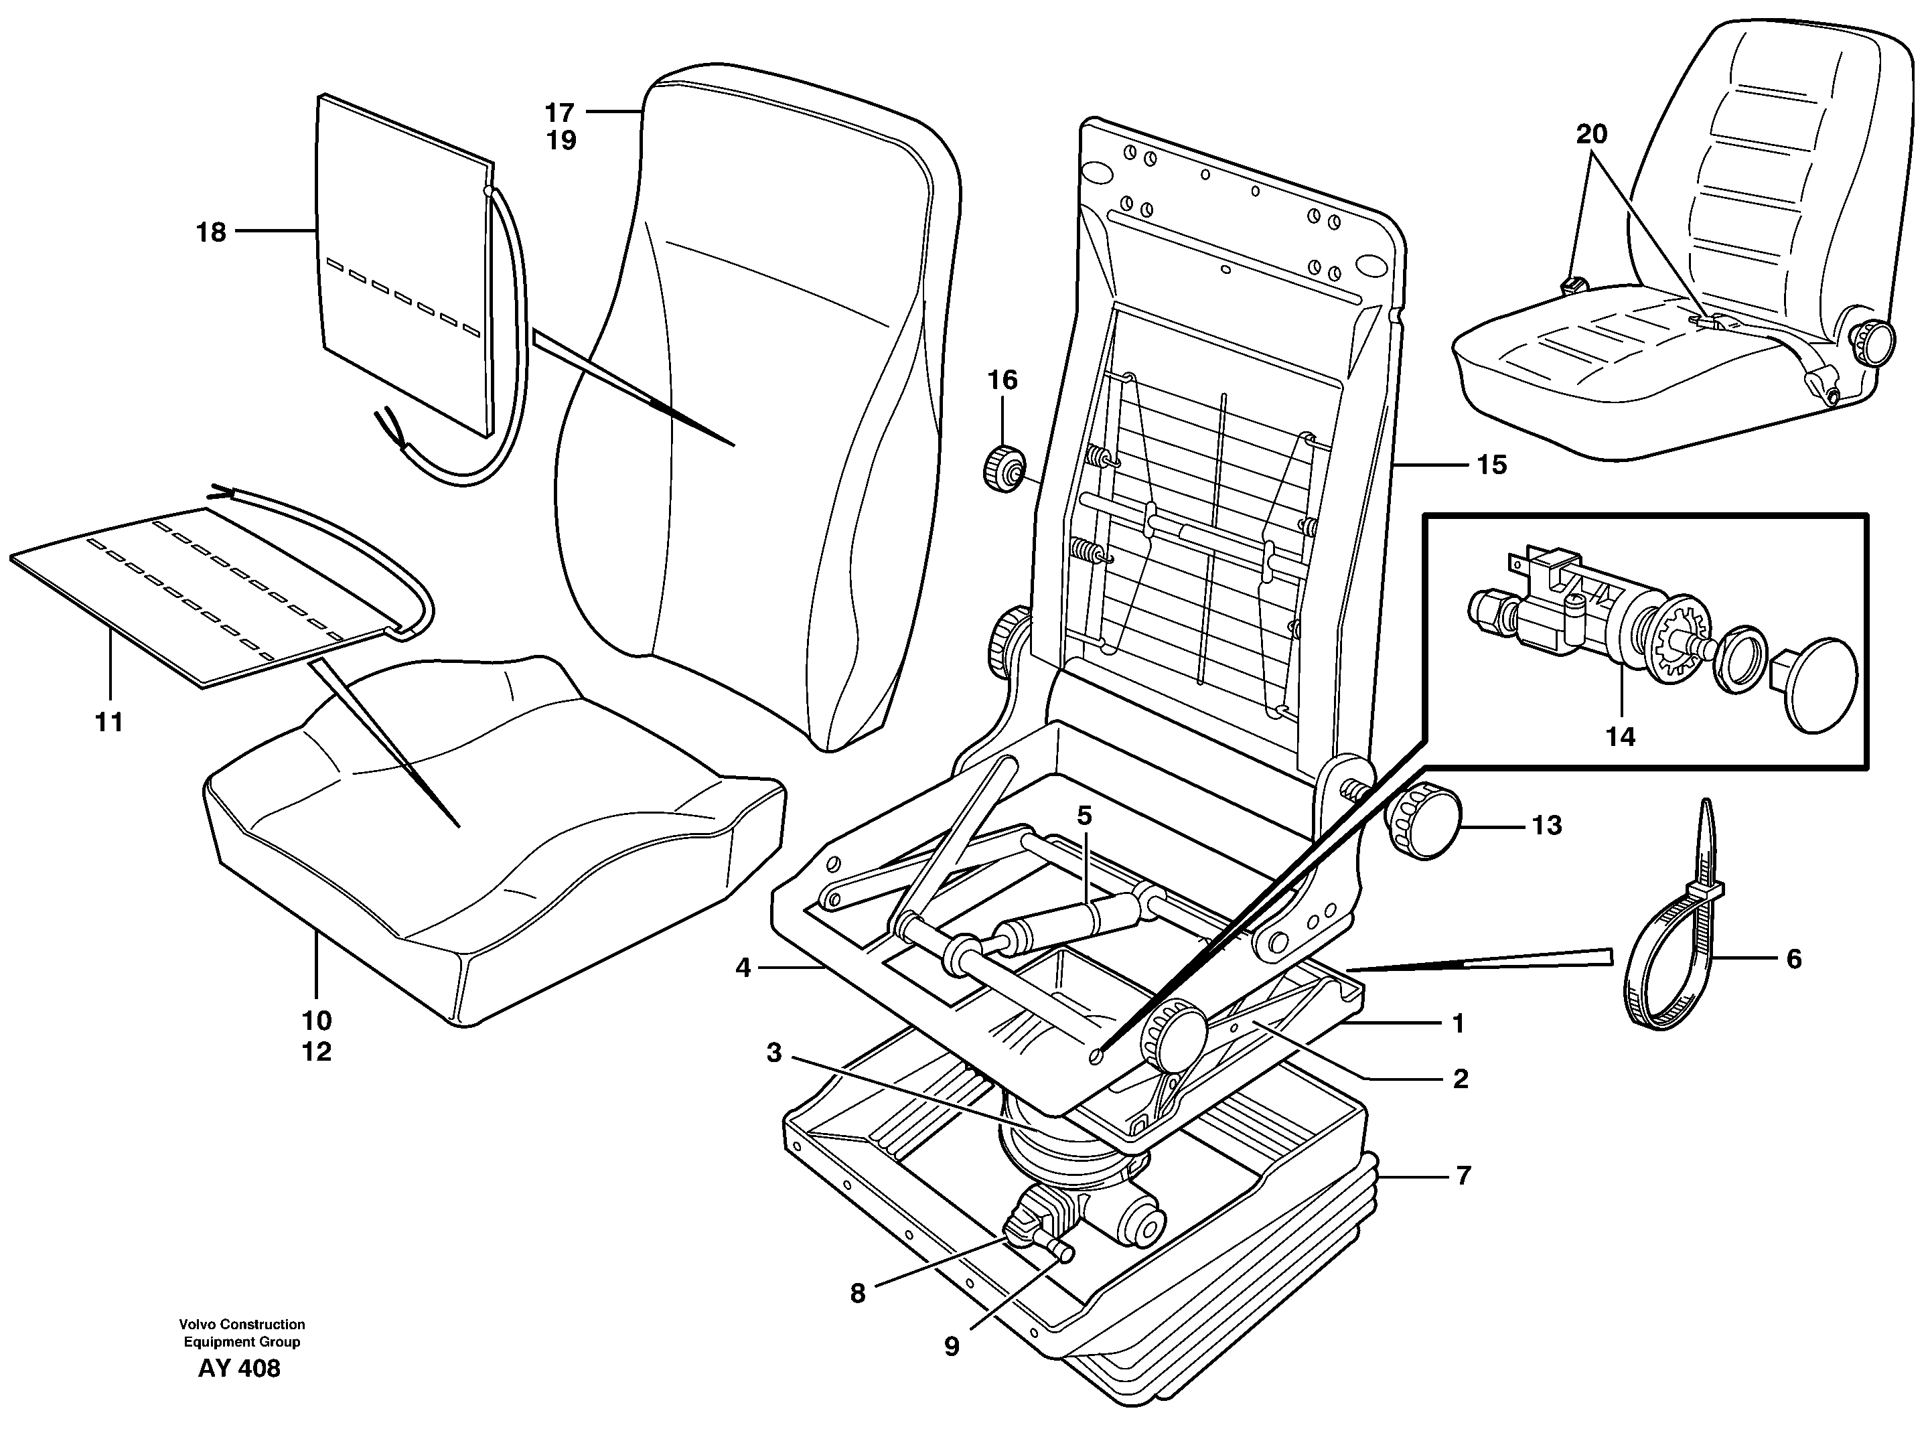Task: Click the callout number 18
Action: tap(211, 232)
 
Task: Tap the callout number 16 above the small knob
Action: tap(1003, 380)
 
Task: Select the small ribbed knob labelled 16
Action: tap(1003, 468)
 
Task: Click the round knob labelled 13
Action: tap(1424, 821)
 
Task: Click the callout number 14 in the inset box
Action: tap(1621, 737)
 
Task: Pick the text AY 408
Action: tap(240, 1369)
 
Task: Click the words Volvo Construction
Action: tap(242, 1325)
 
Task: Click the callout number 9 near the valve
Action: tap(952, 1347)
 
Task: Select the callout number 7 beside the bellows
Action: tap(1463, 1176)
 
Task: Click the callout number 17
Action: tap(560, 112)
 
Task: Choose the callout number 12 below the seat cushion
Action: tap(317, 1052)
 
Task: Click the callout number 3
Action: tap(774, 1053)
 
